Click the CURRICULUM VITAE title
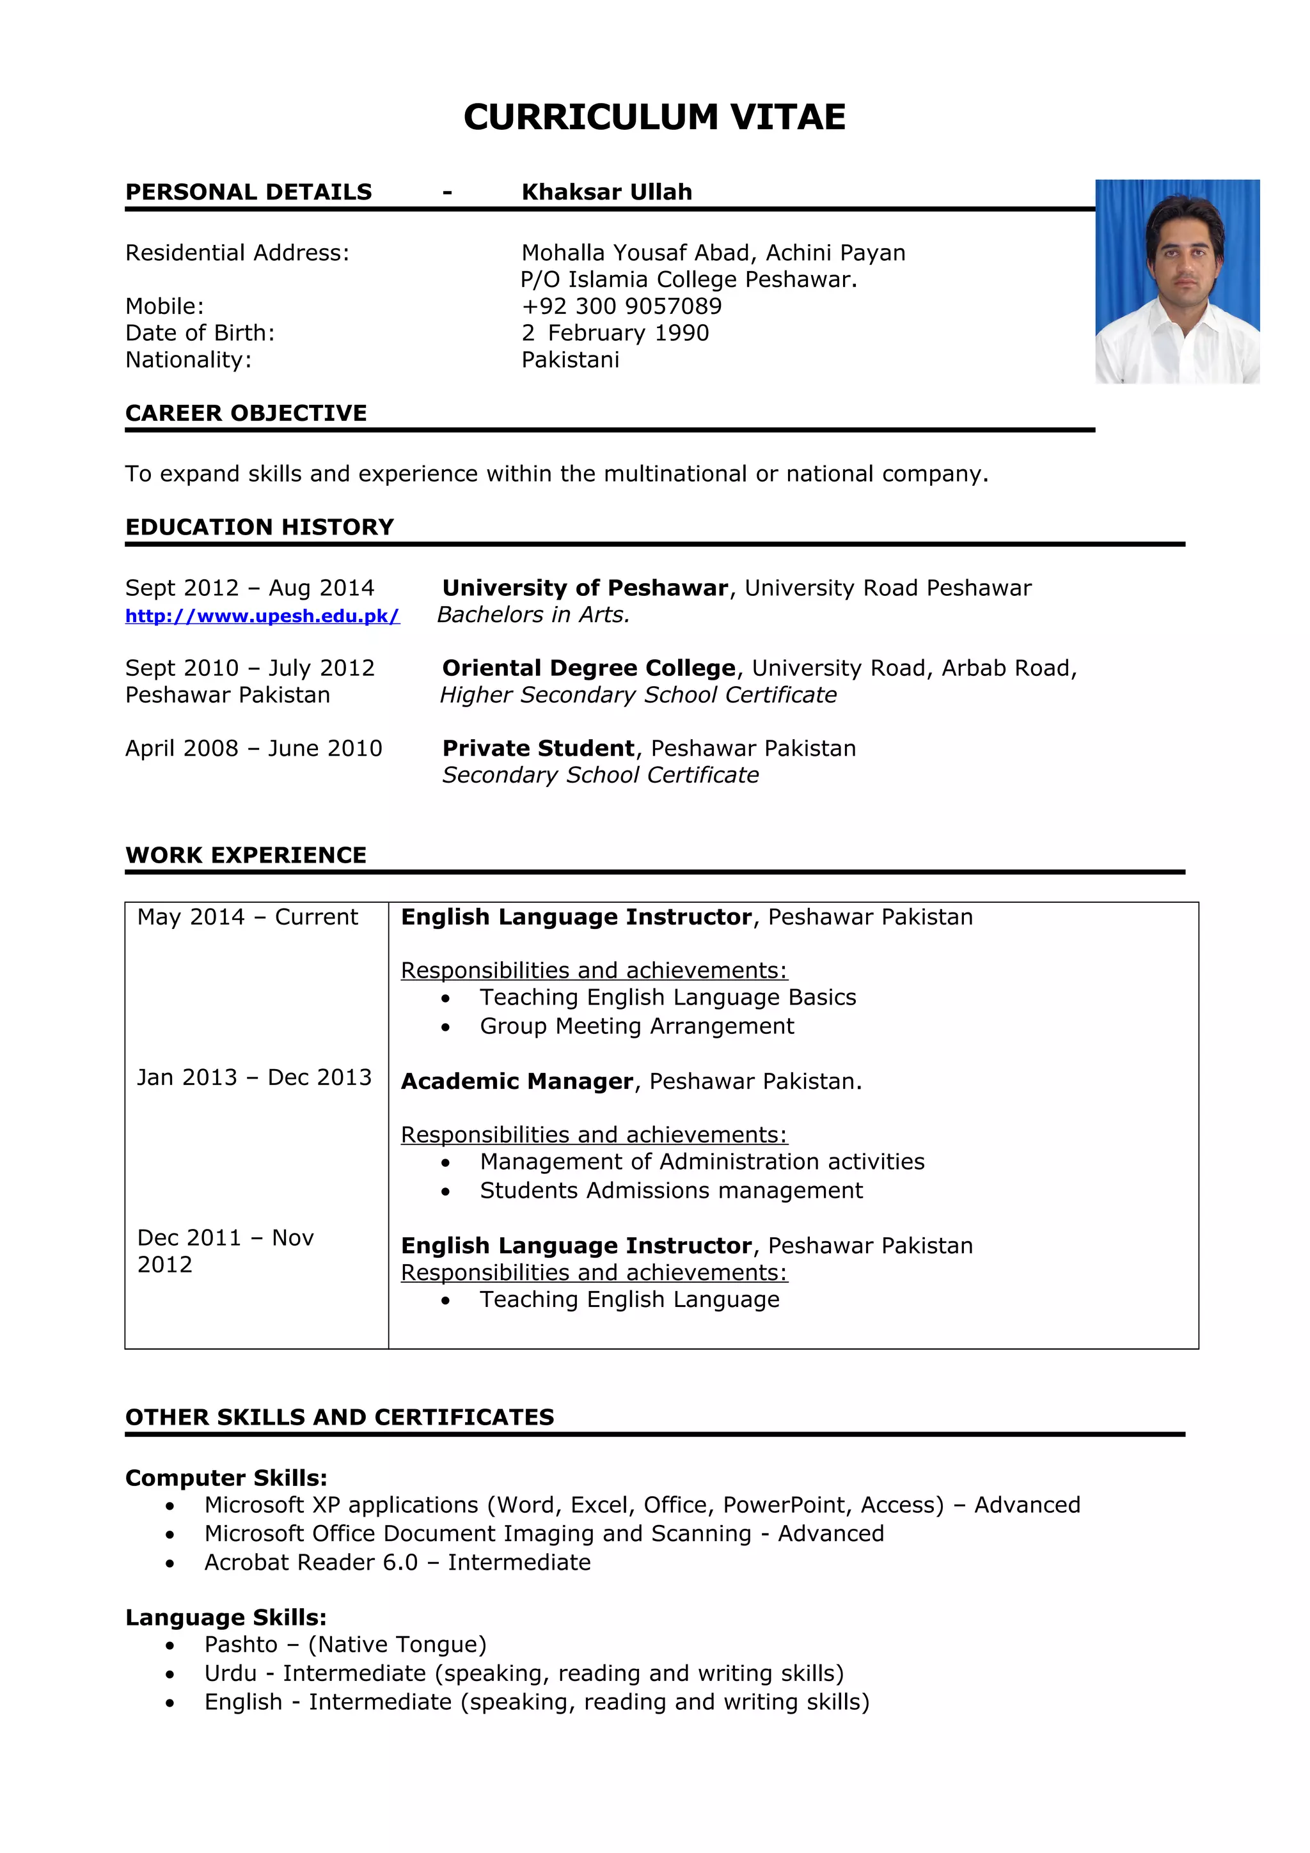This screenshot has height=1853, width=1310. click(654, 117)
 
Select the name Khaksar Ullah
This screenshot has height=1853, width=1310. click(606, 192)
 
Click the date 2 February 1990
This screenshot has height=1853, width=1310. click(615, 332)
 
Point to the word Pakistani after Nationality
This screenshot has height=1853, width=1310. click(570, 360)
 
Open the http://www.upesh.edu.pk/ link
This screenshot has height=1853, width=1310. click(262, 616)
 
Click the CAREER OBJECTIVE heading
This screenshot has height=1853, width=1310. click(246, 413)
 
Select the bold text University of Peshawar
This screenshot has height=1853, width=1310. click(585, 588)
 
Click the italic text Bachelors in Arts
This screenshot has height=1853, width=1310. click(533, 615)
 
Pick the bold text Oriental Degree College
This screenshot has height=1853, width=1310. click(589, 668)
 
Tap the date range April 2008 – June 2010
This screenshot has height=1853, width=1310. click(253, 748)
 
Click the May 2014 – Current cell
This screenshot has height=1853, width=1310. click(247, 917)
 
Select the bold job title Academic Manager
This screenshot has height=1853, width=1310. click(517, 1081)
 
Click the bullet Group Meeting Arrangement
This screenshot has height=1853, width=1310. click(637, 1026)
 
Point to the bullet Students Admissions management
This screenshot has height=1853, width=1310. click(671, 1191)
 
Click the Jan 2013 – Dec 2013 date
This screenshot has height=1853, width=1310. click(254, 1077)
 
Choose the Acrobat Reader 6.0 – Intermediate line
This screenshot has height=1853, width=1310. click(397, 1563)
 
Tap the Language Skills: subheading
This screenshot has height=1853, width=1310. click(226, 1617)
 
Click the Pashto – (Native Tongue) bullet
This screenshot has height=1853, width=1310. click(345, 1645)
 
